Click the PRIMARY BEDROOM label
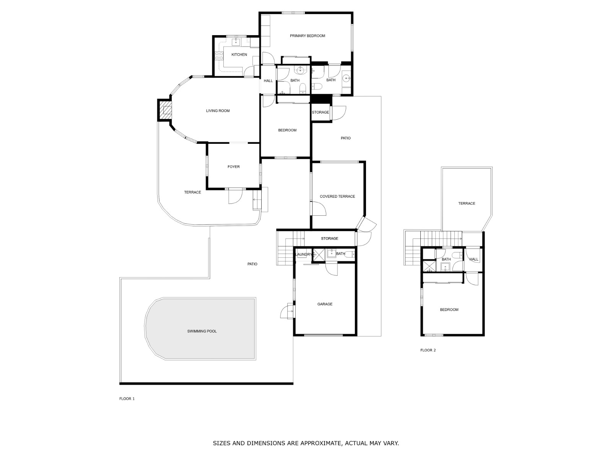pos(307,36)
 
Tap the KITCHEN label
pos(239,55)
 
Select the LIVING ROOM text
pos(218,111)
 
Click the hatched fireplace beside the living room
pos(166,110)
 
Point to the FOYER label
pos(233,167)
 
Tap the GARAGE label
pos(325,304)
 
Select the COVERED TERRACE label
pos(337,197)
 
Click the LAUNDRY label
pos(304,254)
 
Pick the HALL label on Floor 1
pos(268,81)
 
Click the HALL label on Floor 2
pos(474,259)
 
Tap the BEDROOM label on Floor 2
pos(449,310)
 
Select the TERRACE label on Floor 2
pos(466,203)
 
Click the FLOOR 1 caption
pos(127,399)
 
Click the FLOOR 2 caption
pos(428,350)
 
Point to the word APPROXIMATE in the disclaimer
pos(321,443)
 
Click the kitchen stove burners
pos(219,56)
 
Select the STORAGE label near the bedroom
pos(320,112)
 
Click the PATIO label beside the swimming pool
pos(252,264)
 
